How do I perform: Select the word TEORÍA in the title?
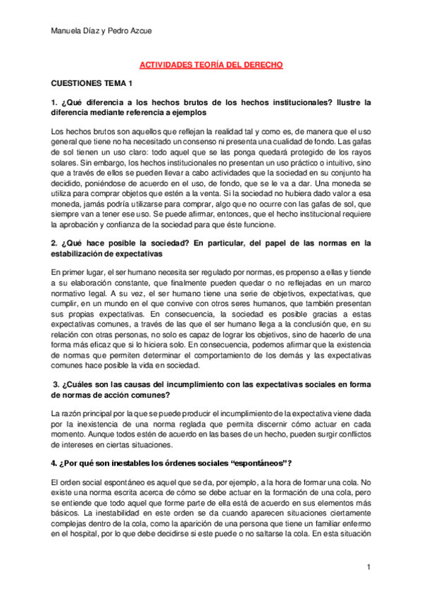201,64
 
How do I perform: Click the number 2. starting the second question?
56,243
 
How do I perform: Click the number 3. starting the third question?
58,384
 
